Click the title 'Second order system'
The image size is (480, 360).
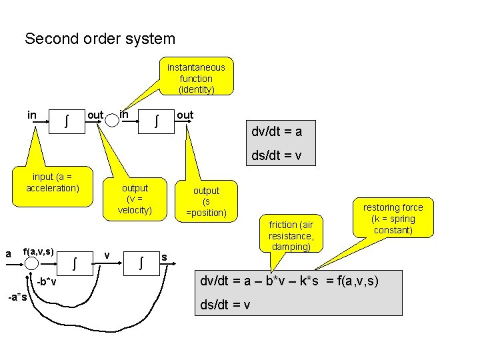(x=100, y=39)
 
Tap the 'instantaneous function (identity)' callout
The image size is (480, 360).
(x=196, y=78)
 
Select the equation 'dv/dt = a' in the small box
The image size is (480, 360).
(x=277, y=131)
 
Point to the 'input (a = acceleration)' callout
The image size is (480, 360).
(x=53, y=182)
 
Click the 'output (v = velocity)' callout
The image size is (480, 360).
(x=135, y=199)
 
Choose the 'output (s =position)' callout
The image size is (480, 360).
(x=206, y=201)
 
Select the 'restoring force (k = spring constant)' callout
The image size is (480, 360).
(x=393, y=219)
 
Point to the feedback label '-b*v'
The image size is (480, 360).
(x=46, y=282)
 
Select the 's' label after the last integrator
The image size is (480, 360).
(x=165, y=257)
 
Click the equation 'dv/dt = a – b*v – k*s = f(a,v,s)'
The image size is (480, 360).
(x=289, y=281)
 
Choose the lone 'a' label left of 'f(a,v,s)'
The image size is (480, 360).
(x=8, y=253)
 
